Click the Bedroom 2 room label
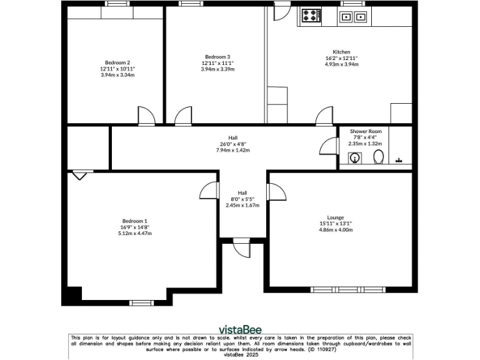117,62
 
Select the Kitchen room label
341,52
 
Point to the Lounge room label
336,217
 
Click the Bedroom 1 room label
135,221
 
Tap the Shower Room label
366,131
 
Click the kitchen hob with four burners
311,16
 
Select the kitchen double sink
353,16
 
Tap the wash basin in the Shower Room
355,158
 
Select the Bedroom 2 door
146,116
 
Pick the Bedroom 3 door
183,116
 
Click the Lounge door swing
277,191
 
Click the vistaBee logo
240,329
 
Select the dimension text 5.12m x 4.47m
135,233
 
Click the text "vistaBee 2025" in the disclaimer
240,354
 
